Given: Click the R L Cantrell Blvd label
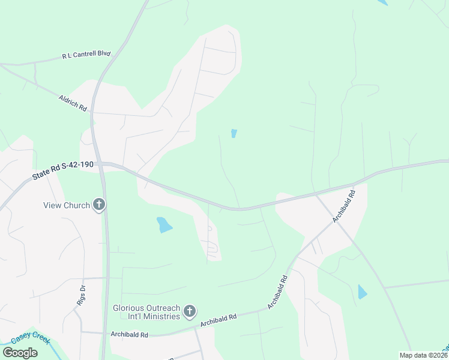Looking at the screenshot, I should coord(86,55).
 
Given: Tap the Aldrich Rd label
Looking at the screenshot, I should coord(73,102).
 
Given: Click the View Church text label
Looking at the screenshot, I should coord(66,205).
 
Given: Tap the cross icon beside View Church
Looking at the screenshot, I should coord(100,205).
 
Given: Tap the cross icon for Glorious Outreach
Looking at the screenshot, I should coord(190,311).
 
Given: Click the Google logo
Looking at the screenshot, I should coord(20,353).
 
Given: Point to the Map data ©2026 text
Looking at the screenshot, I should coord(423,355).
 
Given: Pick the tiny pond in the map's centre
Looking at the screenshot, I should coord(234,133).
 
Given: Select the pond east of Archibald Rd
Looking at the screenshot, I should coord(362,292).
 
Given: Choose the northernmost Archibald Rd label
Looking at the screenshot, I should coord(345,206).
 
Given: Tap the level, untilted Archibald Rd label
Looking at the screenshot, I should coord(129,334).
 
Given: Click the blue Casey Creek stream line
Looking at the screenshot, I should coord(51,347).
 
